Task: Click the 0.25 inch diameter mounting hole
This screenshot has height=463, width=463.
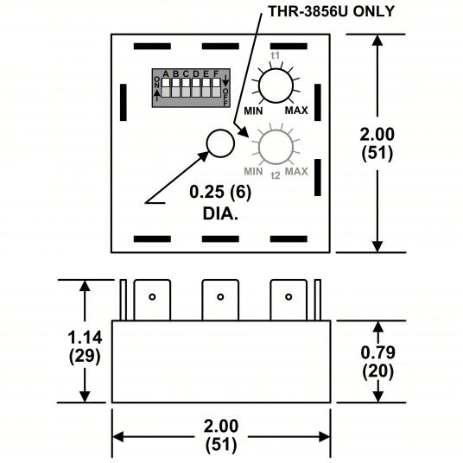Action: click(221, 142)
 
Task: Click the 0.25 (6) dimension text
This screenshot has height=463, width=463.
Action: click(221, 191)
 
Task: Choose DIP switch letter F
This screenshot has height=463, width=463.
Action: click(216, 73)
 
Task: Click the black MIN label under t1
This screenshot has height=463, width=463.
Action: click(253, 112)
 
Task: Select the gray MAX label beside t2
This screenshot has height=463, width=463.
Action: click(296, 171)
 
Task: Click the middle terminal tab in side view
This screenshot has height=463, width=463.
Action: click(220, 298)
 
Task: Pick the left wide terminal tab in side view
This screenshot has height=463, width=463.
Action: click(151, 298)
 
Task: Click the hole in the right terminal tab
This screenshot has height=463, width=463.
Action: click(289, 297)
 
